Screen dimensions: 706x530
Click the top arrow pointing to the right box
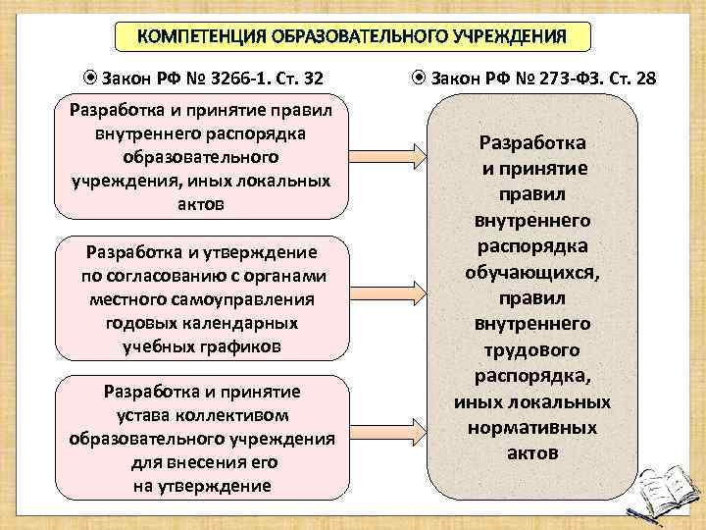tap(386, 155)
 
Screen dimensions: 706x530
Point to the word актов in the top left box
tap(202, 204)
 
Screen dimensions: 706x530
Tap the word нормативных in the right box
tap(533, 428)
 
